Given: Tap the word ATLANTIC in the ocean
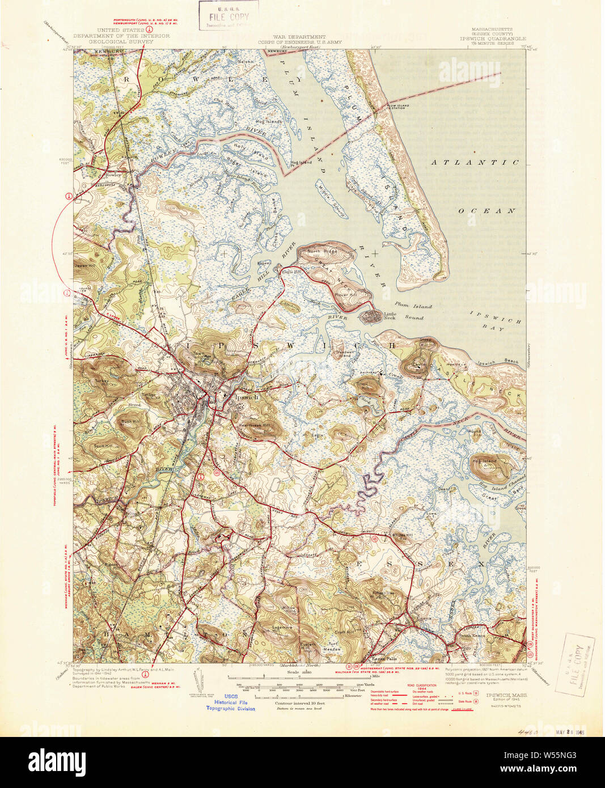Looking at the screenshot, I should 475,162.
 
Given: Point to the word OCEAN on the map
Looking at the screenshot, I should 486,210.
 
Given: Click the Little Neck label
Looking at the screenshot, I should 390,316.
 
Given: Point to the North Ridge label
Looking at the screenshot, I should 321,251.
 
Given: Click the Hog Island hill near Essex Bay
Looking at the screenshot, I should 486,462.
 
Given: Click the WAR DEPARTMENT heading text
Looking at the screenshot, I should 299,36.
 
